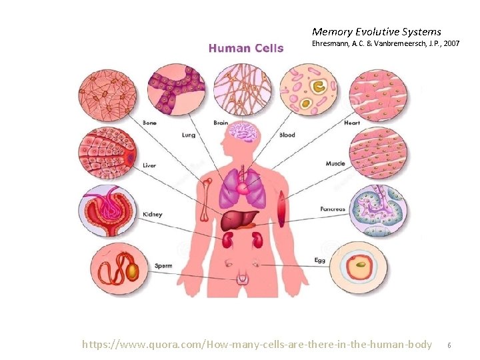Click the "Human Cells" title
[x=246, y=48]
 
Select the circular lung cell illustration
[x=176, y=89]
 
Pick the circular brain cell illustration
[x=243, y=89]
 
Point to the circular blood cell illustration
[x=308, y=89]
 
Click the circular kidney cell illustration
[x=107, y=213]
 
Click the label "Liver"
[x=149, y=165]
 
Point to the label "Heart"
[x=352, y=123]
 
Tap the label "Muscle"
[x=335, y=163]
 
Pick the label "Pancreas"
[x=332, y=209]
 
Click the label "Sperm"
[x=163, y=265]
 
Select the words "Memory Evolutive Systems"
[x=376, y=31]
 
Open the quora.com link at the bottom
[x=257, y=345]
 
